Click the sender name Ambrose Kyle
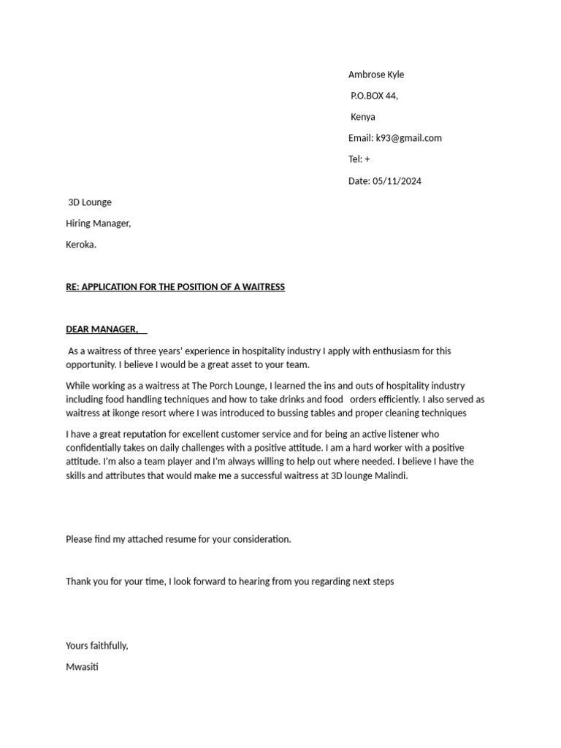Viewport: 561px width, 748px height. (x=375, y=75)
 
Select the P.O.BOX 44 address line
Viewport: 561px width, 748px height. (x=374, y=96)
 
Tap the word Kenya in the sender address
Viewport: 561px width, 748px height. (x=362, y=117)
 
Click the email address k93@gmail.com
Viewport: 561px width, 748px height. (x=408, y=138)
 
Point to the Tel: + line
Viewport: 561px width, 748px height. (x=359, y=159)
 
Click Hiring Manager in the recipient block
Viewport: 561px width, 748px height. (x=99, y=224)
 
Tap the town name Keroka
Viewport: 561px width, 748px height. (x=81, y=245)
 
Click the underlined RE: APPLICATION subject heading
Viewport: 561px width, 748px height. (x=175, y=287)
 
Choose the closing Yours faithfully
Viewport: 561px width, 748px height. (x=97, y=646)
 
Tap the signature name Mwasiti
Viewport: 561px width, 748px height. (x=82, y=667)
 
